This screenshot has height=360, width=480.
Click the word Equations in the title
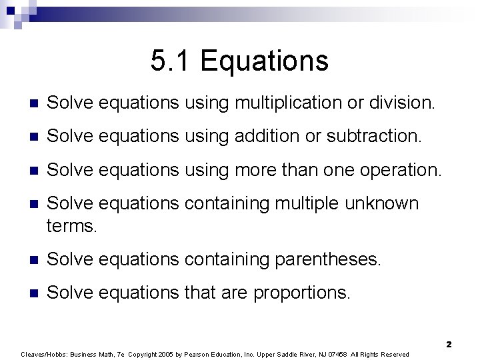[x=264, y=61]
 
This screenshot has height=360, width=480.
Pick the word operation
[x=399, y=171]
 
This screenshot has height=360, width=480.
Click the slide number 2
[x=449, y=345]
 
